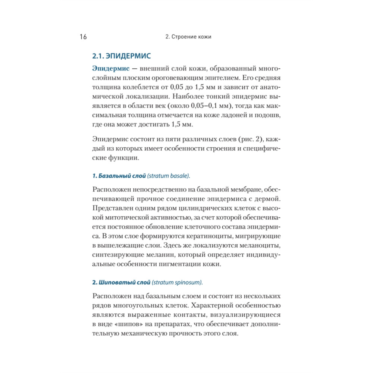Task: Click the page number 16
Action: point(83,37)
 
